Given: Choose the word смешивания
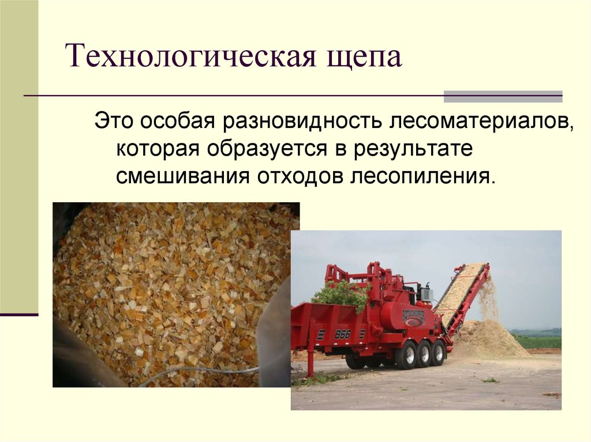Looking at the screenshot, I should pos(179,176).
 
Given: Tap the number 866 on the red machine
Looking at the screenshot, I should pos(343,334).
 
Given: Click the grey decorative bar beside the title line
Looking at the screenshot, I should pos(503,96).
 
